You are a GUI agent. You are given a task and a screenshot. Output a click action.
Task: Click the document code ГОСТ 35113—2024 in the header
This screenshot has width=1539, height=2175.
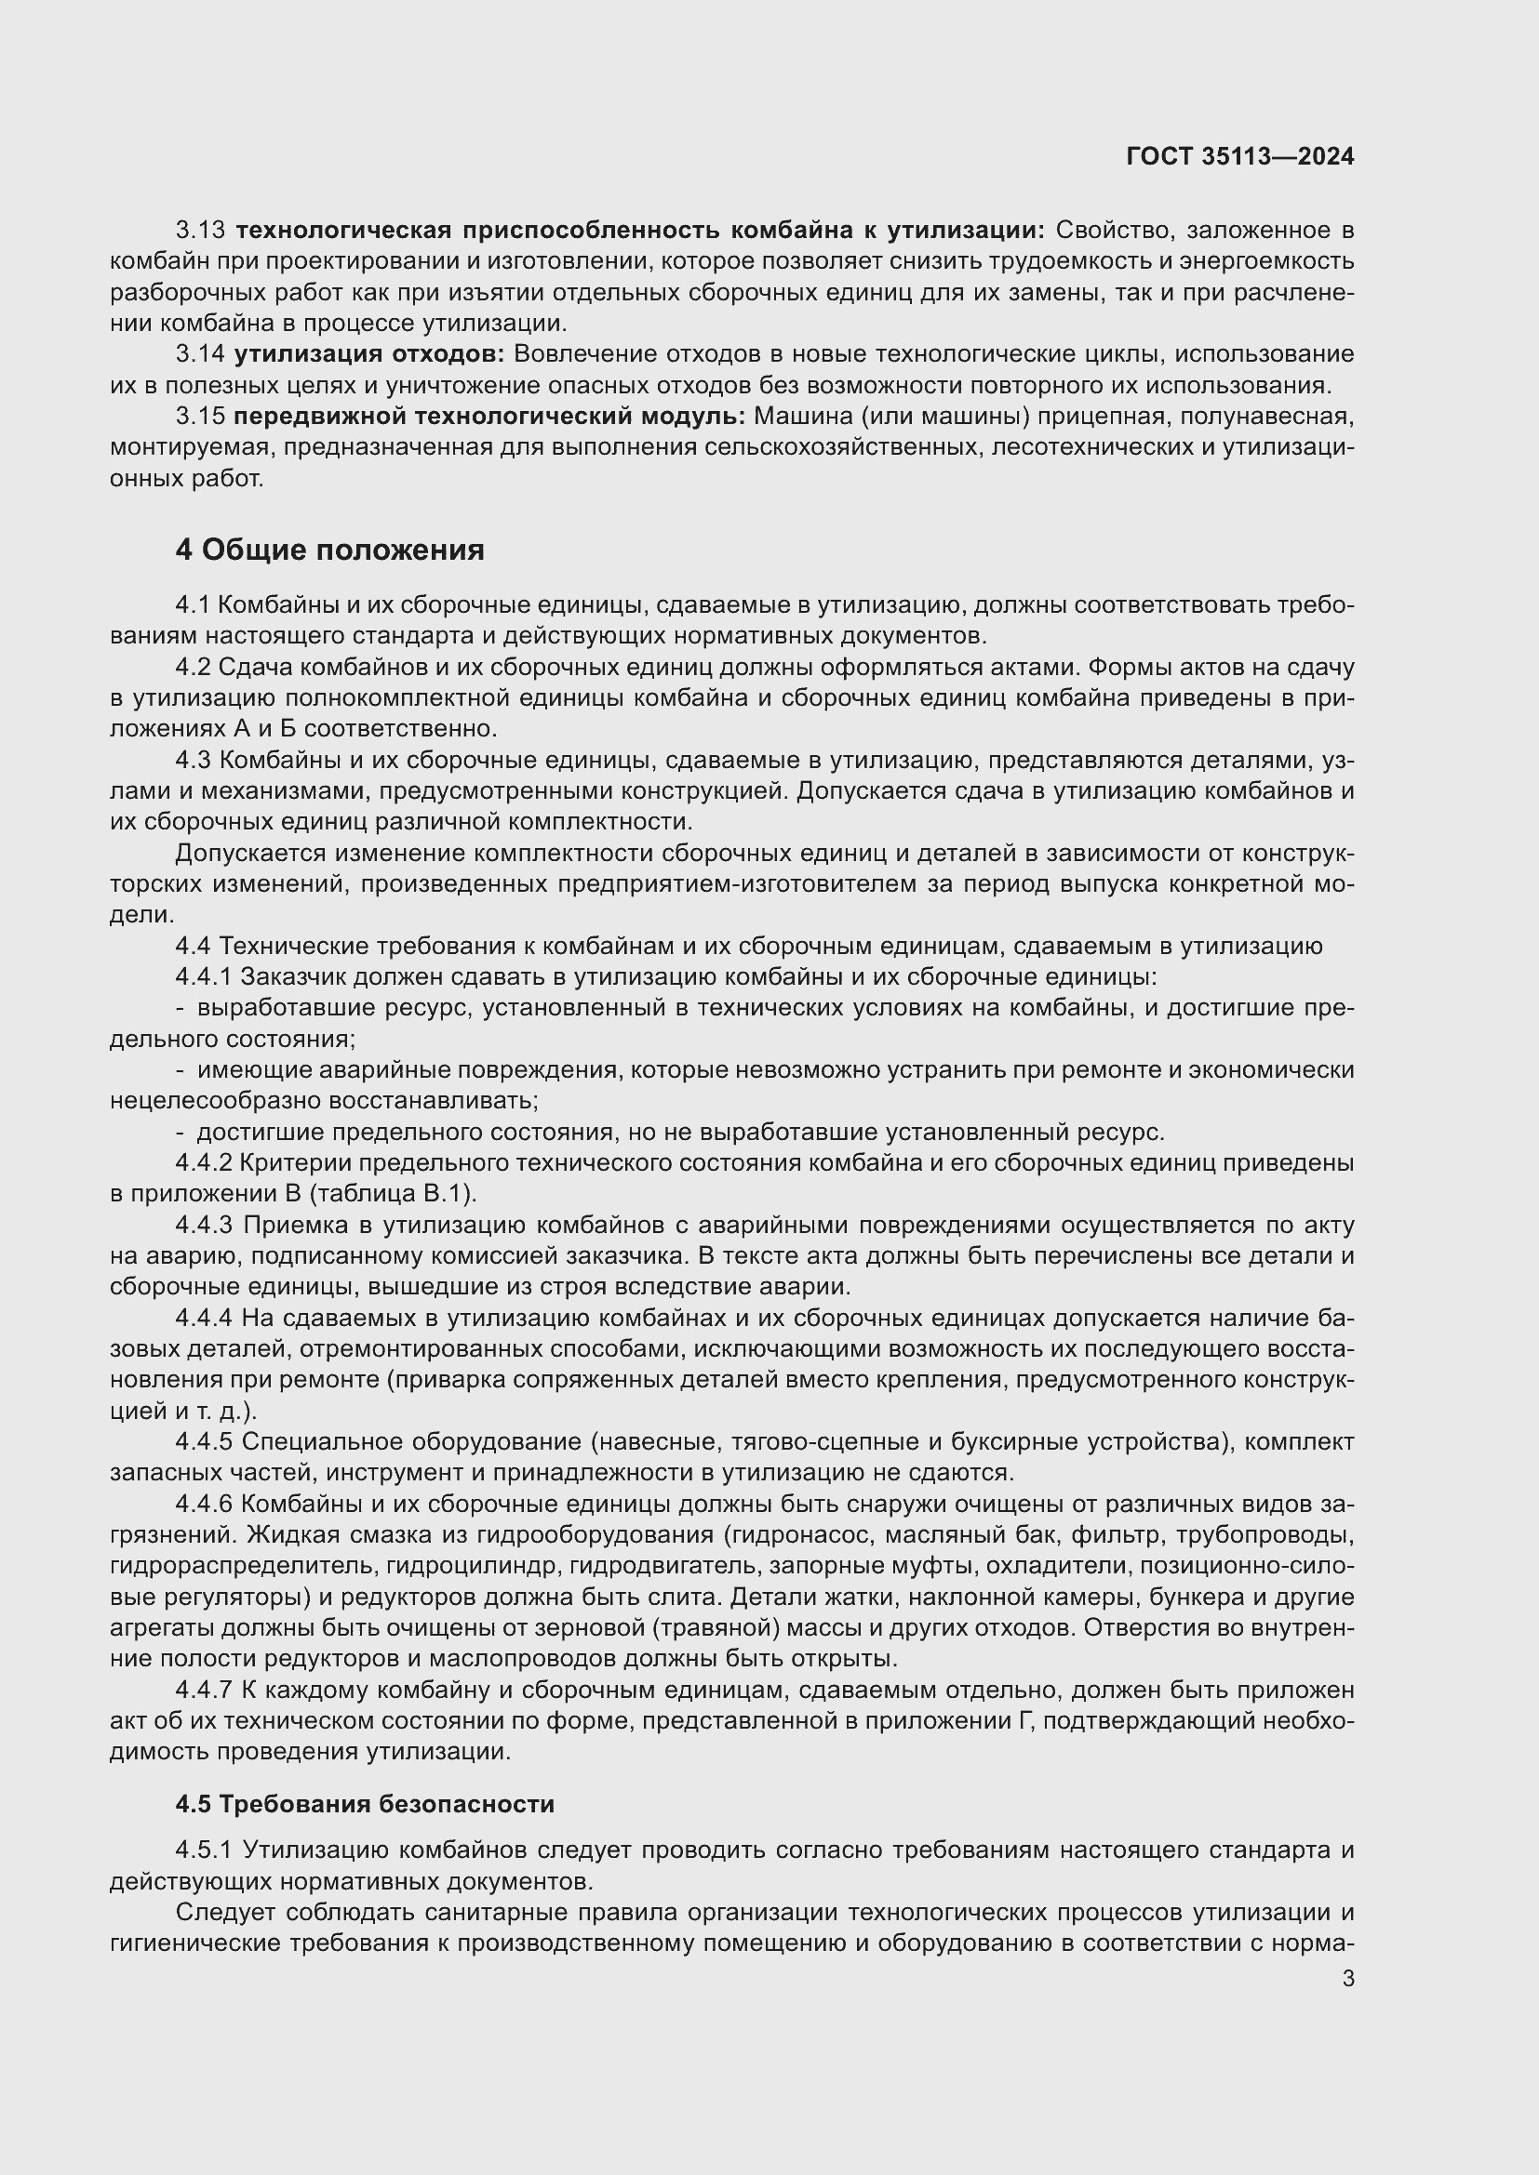(1239, 157)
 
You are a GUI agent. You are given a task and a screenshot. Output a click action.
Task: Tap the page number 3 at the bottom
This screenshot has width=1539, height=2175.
(1347, 1979)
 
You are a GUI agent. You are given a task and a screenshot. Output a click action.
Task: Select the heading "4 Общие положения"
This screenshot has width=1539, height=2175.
(328, 550)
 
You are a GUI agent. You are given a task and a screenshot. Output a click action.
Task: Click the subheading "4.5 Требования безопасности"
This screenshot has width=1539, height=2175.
(365, 1805)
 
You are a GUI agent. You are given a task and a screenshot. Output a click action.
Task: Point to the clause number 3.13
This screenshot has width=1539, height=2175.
(200, 231)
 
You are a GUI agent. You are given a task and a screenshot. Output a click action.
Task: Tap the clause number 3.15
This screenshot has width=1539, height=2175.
(200, 417)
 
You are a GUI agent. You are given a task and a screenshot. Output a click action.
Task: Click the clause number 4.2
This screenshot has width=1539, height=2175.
(193, 668)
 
